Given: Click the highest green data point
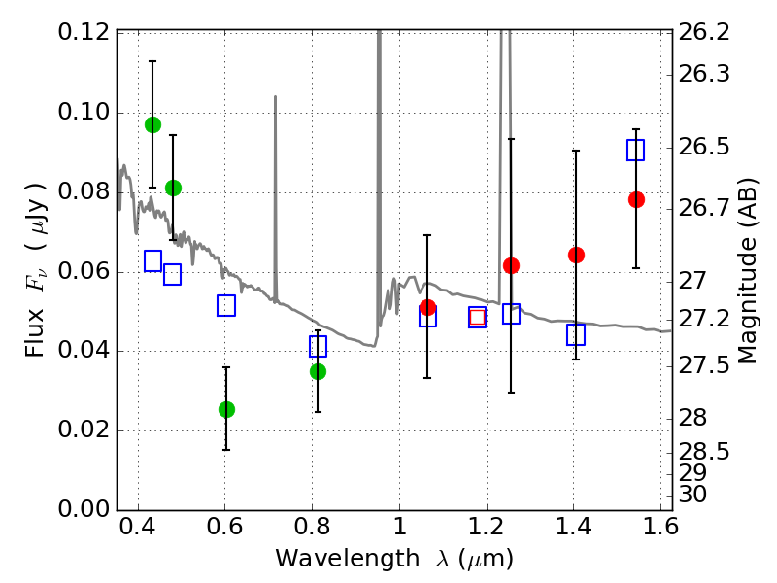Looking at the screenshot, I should (152, 124).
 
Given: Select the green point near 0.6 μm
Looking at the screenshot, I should (226, 409).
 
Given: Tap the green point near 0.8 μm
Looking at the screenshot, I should (318, 371).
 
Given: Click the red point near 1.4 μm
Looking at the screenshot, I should (576, 255).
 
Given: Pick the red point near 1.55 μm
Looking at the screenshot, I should (636, 199).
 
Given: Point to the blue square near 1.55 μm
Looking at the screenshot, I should (636, 150).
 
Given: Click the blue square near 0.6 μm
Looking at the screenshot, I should (226, 306).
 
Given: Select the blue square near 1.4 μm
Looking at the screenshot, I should (576, 334).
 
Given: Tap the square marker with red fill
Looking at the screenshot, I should (477, 317).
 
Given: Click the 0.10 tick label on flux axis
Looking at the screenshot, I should (84, 112).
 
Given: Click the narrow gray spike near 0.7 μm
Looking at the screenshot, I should (275, 194).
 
